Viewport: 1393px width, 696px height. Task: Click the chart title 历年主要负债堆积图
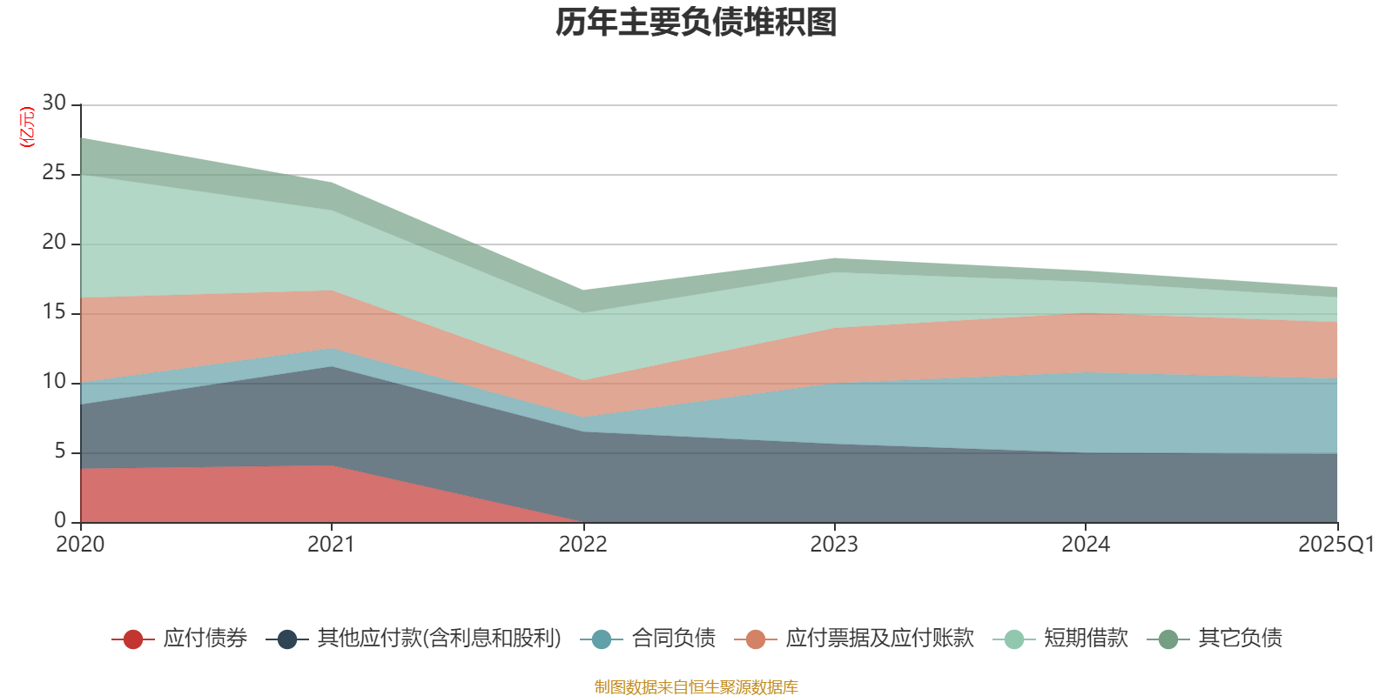click(x=696, y=23)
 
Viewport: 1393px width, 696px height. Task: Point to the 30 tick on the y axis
click(x=54, y=104)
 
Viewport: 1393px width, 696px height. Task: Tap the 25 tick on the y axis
click(x=54, y=173)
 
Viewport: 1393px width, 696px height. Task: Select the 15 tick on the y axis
click(x=54, y=312)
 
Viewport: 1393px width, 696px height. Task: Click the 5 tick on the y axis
click(x=60, y=452)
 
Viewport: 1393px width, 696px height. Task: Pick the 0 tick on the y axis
click(x=60, y=521)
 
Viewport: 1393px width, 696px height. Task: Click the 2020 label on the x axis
click(x=80, y=545)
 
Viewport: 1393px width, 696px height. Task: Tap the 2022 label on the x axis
click(x=582, y=545)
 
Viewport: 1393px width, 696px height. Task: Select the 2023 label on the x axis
click(x=834, y=545)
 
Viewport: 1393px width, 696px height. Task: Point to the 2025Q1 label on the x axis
click(x=1336, y=545)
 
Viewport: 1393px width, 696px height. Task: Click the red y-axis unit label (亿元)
click(x=27, y=127)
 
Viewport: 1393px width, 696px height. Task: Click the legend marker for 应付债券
click(x=132, y=639)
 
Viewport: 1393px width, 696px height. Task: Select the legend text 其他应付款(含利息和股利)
click(x=440, y=639)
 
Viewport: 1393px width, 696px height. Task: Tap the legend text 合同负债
click(x=674, y=639)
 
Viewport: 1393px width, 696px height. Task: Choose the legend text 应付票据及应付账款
click(x=879, y=639)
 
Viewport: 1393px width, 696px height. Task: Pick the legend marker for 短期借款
click(x=1013, y=639)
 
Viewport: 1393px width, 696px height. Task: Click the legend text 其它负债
click(x=1240, y=639)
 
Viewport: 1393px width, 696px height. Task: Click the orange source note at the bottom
click(x=696, y=687)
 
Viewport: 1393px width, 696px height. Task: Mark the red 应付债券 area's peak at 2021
click(x=332, y=465)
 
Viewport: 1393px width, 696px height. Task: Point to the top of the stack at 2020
click(x=81, y=137)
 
